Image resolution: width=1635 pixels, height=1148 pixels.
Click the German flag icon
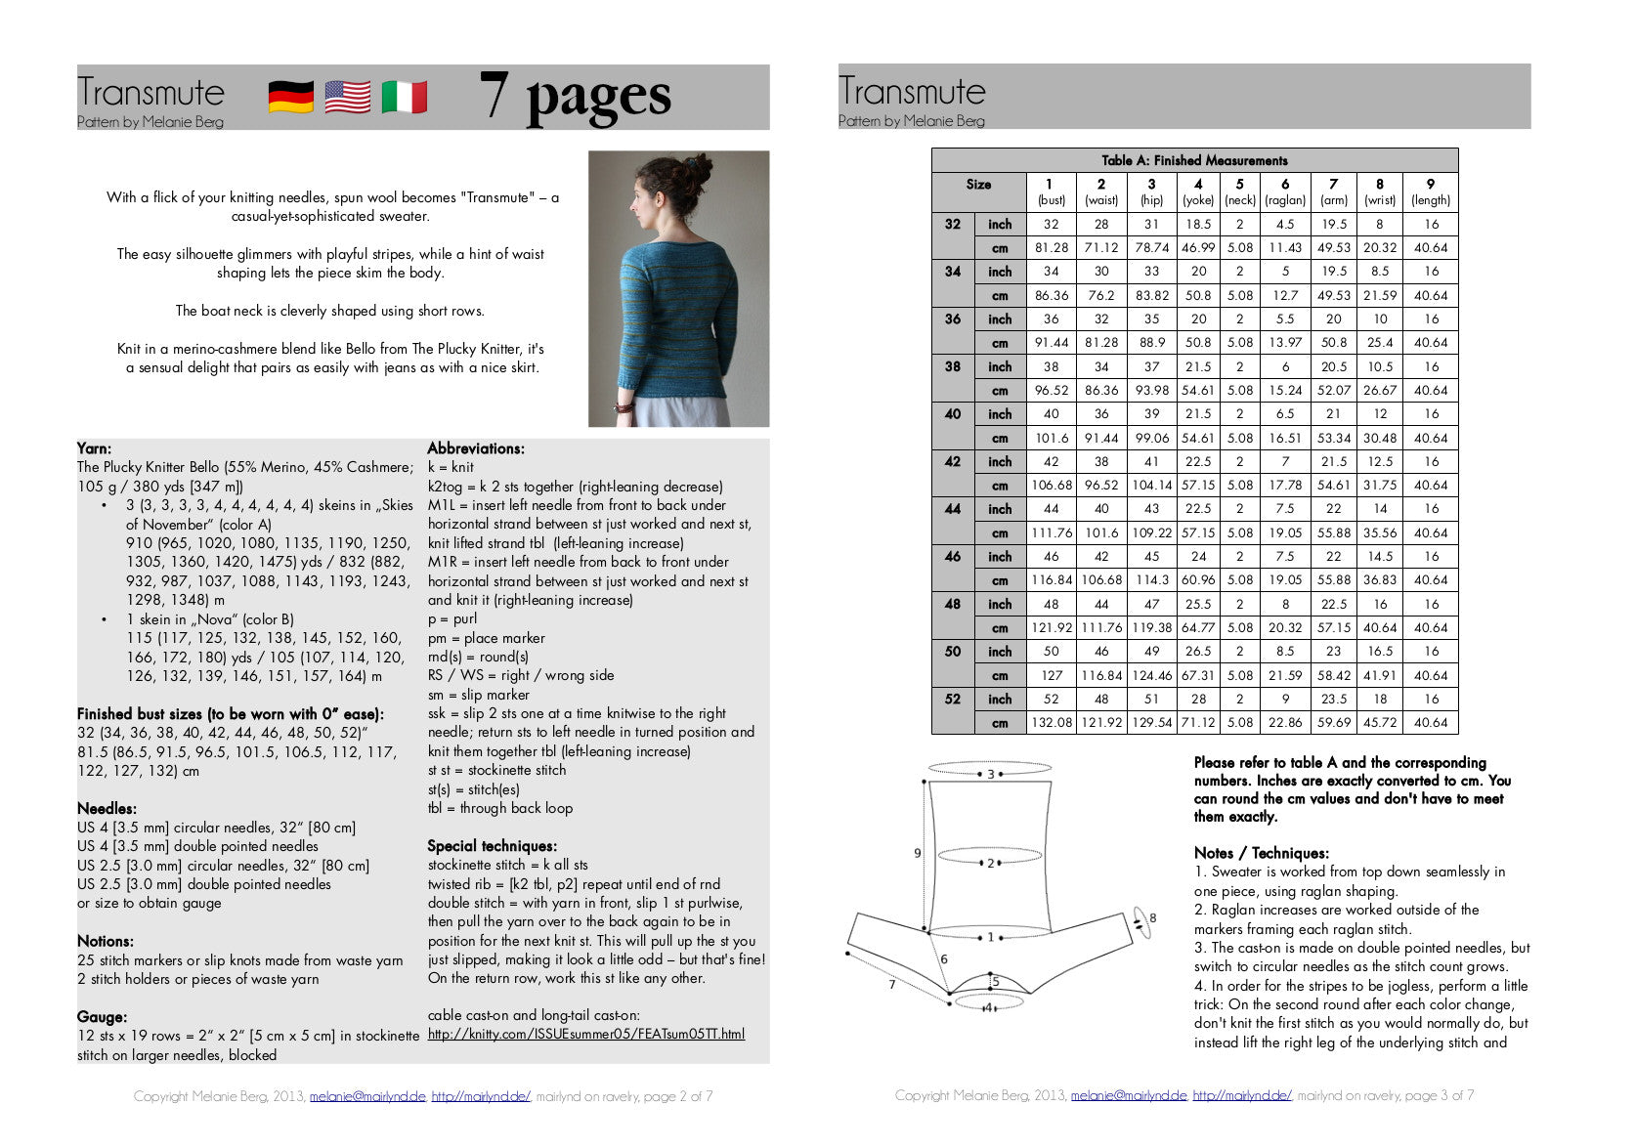[290, 98]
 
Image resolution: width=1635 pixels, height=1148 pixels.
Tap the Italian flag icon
[404, 98]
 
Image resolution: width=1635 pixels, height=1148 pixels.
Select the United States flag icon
[347, 98]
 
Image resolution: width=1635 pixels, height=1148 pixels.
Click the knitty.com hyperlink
[585, 1034]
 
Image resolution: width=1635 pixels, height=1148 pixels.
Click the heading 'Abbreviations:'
[475, 448]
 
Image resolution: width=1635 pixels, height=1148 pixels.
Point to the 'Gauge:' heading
[102, 1017]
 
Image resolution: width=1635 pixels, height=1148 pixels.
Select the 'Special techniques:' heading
[492, 846]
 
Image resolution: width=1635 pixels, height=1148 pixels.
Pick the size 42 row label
[952, 461]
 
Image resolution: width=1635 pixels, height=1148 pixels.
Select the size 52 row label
[952, 700]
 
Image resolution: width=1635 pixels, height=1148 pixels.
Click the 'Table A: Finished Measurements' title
[1194, 160]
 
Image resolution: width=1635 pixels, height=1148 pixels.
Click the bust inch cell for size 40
[1051, 414]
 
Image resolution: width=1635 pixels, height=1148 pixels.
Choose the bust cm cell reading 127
[1051, 676]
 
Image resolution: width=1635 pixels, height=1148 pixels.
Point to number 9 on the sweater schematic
[917, 853]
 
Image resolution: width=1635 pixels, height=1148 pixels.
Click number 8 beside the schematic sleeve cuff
[1152, 917]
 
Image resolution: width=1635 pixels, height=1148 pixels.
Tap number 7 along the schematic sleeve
[891, 985]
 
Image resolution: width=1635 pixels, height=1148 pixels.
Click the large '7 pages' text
[575, 97]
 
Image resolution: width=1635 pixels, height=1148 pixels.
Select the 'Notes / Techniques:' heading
[1261, 853]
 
